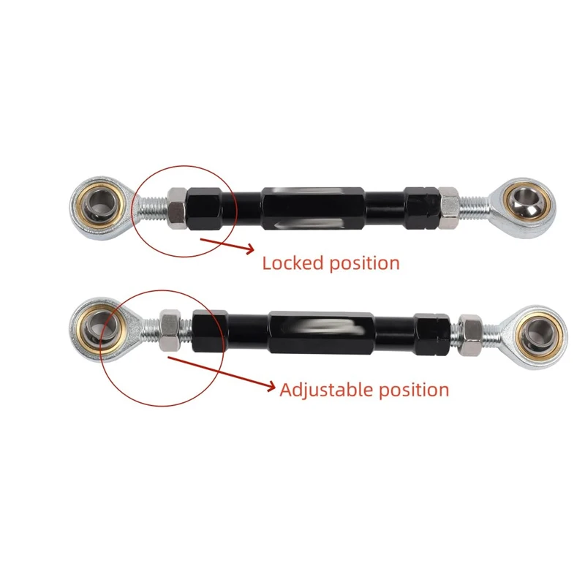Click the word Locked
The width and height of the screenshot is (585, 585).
[292, 263]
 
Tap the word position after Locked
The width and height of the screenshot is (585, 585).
[364, 264]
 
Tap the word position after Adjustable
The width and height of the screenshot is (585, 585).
[414, 391]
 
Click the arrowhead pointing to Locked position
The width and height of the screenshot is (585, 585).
[249, 249]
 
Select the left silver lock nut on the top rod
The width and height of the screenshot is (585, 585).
[177, 208]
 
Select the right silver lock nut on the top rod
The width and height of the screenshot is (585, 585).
[449, 208]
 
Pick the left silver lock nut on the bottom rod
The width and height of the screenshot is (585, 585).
[170, 331]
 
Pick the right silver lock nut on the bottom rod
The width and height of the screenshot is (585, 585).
[470, 335]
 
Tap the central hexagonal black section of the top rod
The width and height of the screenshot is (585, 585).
[313, 208]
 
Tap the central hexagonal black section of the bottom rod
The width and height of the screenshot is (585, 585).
[321, 333]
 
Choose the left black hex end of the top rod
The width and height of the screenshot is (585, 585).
[205, 208]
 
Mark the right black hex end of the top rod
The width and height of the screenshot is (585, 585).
[422, 208]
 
